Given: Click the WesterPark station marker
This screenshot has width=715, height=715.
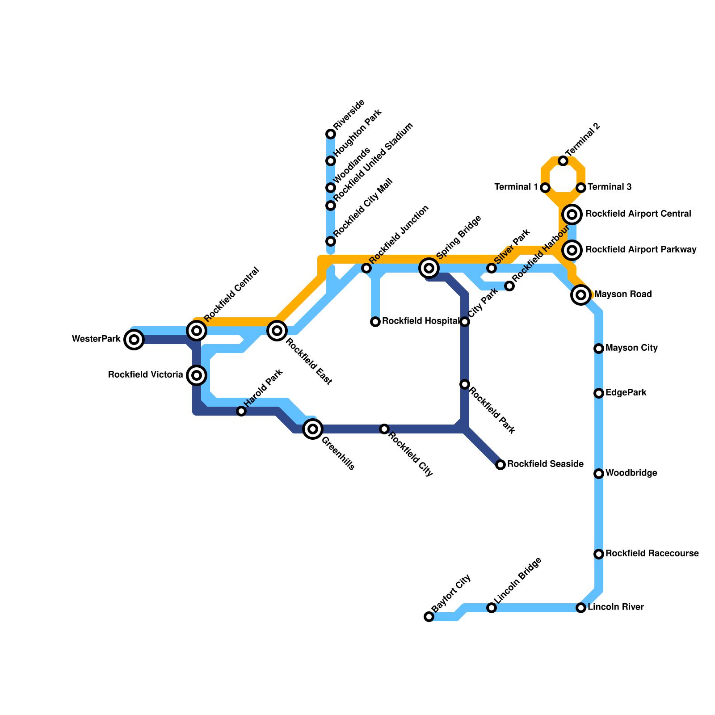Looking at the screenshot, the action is pyautogui.click(x=134, y=340).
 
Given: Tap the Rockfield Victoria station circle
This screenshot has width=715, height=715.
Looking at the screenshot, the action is pyautogui.click(x=197, y=375).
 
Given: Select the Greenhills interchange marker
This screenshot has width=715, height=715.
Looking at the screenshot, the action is pyautogui.click(x=313, y=429).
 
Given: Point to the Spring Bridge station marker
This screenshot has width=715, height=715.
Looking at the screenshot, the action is pyautogui.click(x=429, y=268).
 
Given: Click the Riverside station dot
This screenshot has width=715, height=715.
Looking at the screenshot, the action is pyautogui.click(x=331, y=134).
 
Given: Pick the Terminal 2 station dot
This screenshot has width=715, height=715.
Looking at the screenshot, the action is pyautogui.click(x=563, y=161).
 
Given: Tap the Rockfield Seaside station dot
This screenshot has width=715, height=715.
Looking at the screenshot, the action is pyautogui.click(x=500, y=465).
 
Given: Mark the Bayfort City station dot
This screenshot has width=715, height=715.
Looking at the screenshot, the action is pyautogui.click(x=429, y=617).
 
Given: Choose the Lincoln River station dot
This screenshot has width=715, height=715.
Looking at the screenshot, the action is pyautogui.click(x=581, y=608).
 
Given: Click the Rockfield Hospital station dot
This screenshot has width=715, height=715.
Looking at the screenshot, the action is pyautogui.click(x=375, y=322).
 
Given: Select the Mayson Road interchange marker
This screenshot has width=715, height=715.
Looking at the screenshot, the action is pyautogui.click(x=581, y=295).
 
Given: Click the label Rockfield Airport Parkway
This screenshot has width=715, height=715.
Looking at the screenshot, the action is pyautogui.click(x=641, y=250).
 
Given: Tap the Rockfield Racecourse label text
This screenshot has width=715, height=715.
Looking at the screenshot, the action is pyautogui.click(x=652, y=554).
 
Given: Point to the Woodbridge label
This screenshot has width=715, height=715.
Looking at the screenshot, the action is pyautogui.click(x=631, y=473).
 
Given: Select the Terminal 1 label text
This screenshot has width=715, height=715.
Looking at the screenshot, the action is pyautogui.click(x=516, y=187).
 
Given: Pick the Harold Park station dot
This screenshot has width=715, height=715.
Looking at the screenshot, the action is pyautogui.click(x=241, y=411).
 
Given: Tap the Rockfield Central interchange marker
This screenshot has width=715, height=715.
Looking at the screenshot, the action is pyautogui.click(x=197, y=331).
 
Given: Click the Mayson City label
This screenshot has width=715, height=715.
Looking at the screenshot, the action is pyautogui.click(x=631, y=348).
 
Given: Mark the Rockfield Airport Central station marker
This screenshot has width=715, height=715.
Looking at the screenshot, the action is pyautogui.click(x=572, y=214).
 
